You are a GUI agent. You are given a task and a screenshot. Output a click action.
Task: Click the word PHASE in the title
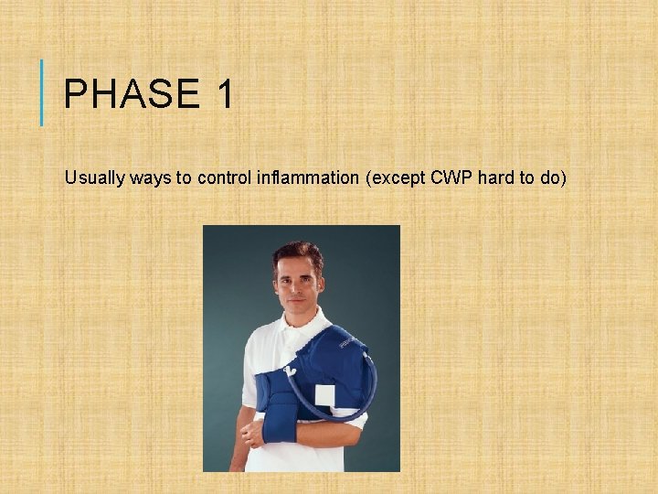(x=131, y=95)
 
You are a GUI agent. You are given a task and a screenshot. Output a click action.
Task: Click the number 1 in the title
(x=225, y=95)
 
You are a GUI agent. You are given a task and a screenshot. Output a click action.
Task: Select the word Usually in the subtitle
(x=94, y=178)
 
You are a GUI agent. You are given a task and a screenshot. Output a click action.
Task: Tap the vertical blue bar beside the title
(x=42, y=91)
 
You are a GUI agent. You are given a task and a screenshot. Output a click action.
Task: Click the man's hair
(x=298, y=253)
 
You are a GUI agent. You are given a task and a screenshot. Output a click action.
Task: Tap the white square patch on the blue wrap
(x=325, y=396)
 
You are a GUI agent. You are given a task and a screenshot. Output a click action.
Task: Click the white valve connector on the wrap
(x=290, y=371)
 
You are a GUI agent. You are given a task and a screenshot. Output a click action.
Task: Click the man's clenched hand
(x=252, y=434)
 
